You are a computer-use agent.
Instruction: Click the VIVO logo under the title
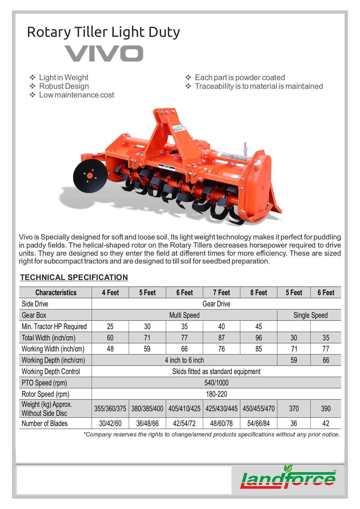(104, 53)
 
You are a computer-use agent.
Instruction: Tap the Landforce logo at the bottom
(288, 478)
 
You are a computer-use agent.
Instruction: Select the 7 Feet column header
(221, 293)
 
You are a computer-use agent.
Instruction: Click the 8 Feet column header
(258, 293)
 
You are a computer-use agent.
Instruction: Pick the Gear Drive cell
(216, 304)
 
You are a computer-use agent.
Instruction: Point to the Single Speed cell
(310, 315)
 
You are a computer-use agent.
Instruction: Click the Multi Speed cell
(184, 315)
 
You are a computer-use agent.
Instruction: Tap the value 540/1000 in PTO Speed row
(216, 383)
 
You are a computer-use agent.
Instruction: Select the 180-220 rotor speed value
(216, 394)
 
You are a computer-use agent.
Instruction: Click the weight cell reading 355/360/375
(110, 409)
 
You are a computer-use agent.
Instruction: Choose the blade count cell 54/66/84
(258, 423)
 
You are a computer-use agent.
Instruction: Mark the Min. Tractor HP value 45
(258, 326)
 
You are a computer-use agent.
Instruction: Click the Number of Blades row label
(45, 423)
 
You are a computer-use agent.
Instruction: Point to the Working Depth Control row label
(51, 371)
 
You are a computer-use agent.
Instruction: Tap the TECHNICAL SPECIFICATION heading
(74, 277)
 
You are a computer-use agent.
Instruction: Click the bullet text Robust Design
(64, 86)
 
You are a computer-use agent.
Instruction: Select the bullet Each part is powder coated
(240, 77)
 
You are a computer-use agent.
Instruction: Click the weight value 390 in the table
(325, 409)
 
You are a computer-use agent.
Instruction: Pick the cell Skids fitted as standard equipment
(216, 371)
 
